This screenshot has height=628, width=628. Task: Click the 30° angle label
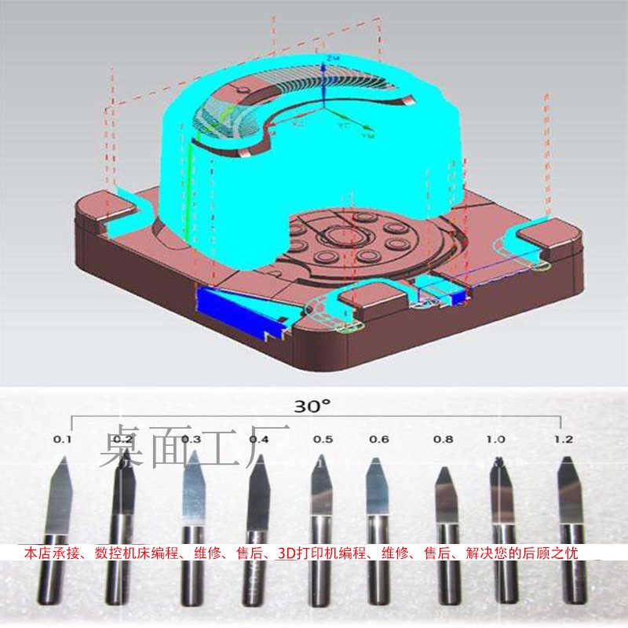point(312,407)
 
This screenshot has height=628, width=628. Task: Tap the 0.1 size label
point(63,439)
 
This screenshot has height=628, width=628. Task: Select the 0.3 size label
point(192,439)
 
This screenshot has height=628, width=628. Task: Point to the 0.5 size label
point(323,439)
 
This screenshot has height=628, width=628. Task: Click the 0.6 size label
point(378,439)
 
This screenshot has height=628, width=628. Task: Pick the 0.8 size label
point(443,439)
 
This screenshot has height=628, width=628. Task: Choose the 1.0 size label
point(496,439)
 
